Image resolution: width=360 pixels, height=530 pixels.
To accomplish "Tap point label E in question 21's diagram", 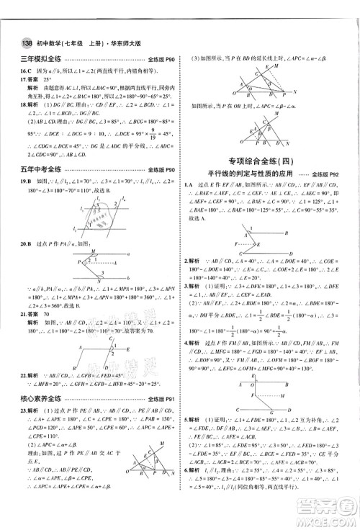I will pos(129,348).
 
